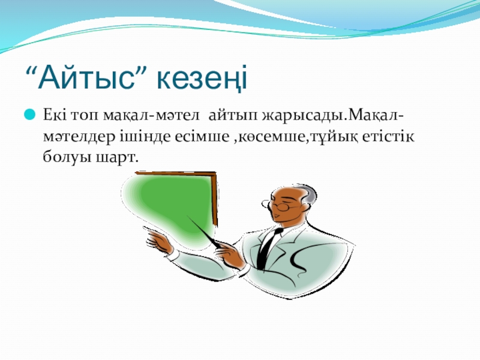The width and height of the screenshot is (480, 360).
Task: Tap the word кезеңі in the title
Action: point(202,79)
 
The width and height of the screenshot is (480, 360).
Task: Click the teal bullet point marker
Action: point(29,115)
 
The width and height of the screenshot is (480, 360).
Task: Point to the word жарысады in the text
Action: point(303,116)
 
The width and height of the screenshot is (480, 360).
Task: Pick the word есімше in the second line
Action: point(202,136)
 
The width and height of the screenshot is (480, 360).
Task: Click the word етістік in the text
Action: point(388,136)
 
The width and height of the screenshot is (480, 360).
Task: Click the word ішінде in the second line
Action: point(146,136)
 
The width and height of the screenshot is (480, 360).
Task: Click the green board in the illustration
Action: point(172,205)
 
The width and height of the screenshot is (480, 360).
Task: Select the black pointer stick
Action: point(205,232)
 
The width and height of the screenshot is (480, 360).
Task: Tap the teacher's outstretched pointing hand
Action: point(158,241)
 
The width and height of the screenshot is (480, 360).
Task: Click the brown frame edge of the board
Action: point(215,199)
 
